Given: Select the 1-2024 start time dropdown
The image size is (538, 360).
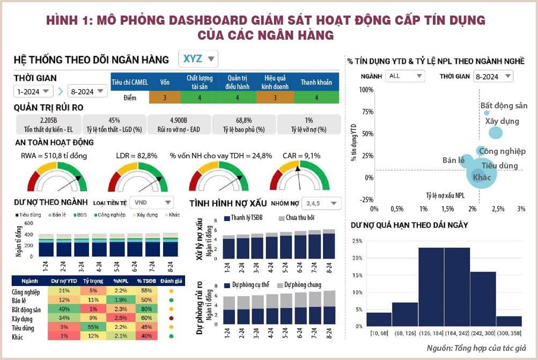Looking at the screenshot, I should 33,91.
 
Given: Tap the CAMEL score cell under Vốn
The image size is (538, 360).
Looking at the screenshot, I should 165,98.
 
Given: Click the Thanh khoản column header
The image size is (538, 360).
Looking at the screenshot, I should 316,82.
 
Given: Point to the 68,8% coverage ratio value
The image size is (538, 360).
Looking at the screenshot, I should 244,120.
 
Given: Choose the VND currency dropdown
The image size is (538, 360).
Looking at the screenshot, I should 153,202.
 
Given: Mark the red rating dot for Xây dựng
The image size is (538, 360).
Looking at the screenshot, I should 171,318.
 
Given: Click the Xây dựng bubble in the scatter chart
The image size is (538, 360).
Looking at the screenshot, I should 495,133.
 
